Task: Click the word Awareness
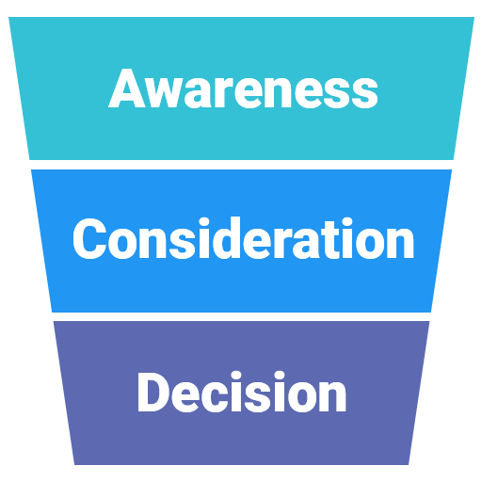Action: pos(243,90)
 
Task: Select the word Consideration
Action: pos(243,239)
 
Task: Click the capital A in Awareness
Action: pos(127,90)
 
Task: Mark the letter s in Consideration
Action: pos(175,244)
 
